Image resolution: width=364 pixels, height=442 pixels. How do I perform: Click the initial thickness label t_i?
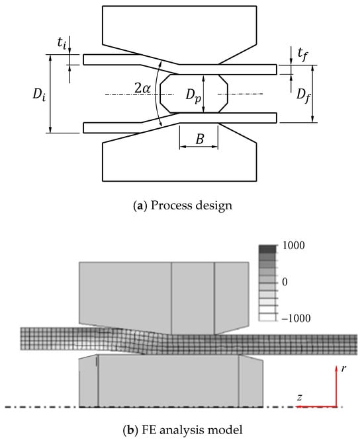point(62,43)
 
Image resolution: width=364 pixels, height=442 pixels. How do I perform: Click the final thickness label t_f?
point(302,54)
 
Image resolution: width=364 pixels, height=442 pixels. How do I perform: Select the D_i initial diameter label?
point(39,94)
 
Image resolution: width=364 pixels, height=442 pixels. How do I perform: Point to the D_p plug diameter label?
point(193,96)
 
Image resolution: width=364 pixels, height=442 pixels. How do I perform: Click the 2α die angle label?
point(142,89)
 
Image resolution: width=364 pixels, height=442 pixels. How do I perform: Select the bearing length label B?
point(199,139)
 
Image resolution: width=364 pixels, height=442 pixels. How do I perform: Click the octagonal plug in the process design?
point(194,94)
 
